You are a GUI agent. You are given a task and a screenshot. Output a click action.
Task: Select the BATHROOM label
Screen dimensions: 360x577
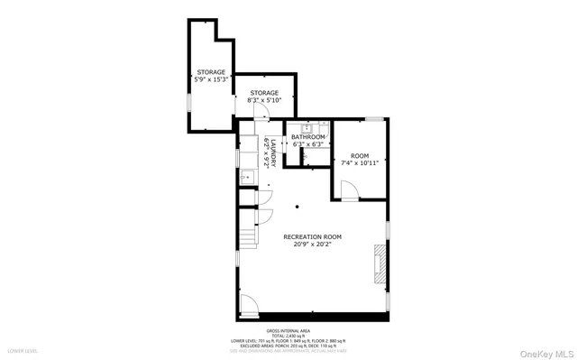[307, 137]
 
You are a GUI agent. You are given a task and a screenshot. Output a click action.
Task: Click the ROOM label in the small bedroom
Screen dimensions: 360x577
[359, 156]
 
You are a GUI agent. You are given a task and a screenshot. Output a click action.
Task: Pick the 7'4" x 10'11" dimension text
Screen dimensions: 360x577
[359, 163]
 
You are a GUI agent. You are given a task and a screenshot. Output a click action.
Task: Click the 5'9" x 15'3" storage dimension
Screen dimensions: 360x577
[211, 79]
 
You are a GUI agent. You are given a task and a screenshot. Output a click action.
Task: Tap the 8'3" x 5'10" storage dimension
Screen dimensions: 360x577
[264, 100]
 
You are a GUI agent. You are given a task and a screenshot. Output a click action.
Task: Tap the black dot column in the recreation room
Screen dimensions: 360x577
[297, 208]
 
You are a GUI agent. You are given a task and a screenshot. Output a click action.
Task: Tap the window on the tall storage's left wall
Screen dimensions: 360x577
[188, 98]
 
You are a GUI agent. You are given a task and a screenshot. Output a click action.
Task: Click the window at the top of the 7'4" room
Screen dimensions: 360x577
[376, 118]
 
